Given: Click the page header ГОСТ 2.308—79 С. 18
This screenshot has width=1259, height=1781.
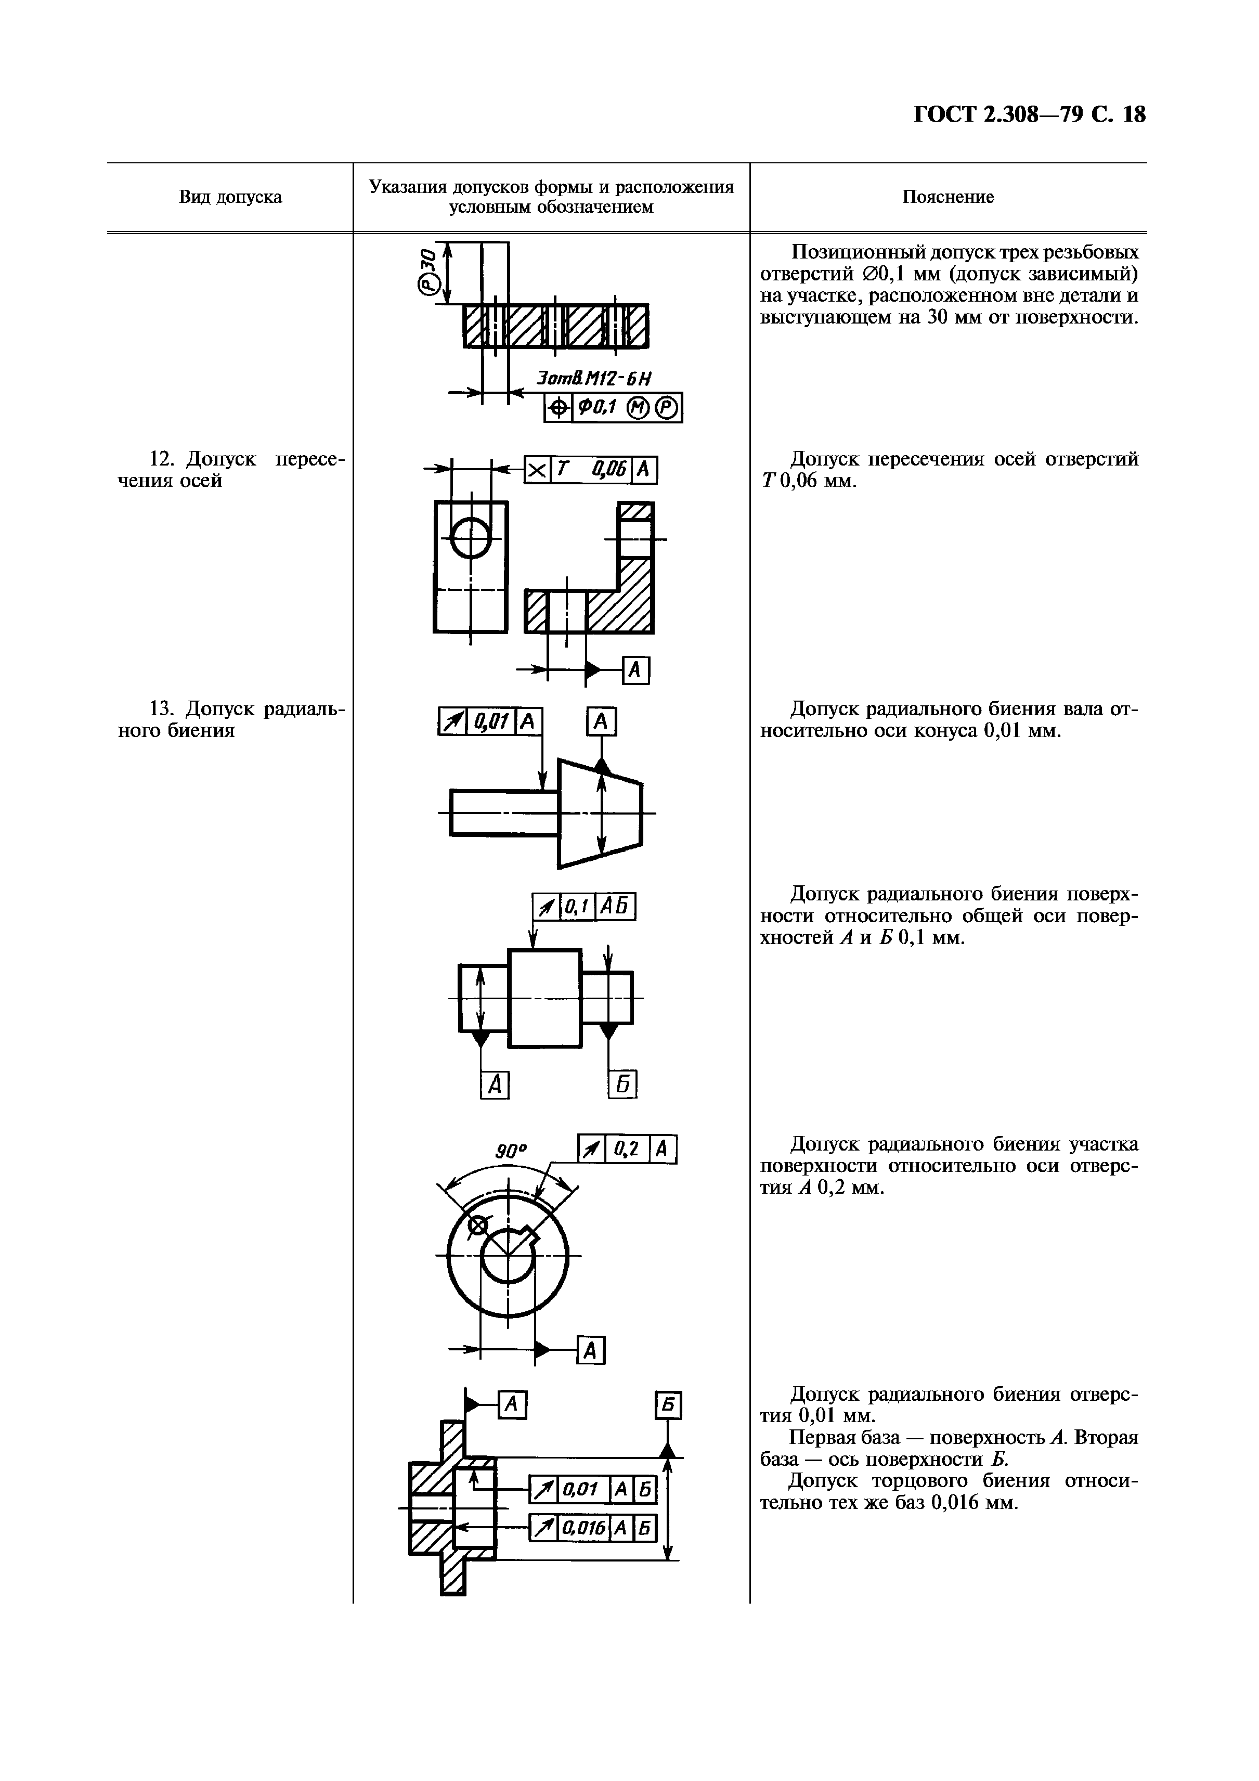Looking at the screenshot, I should tap(1029, 115).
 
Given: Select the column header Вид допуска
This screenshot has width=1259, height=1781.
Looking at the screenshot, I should tap(230, 197).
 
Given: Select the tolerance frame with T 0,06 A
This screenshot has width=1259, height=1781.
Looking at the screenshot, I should tap(591, 469).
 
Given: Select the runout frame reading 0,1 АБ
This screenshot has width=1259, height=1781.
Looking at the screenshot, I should tap(583, 907).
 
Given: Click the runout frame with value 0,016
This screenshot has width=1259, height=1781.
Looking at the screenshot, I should tap(593, 1529).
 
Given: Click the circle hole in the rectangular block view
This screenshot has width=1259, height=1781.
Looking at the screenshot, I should tap(470, 537).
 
